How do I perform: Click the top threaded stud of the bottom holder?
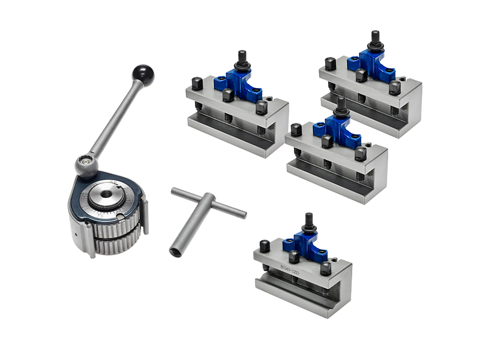308,220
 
